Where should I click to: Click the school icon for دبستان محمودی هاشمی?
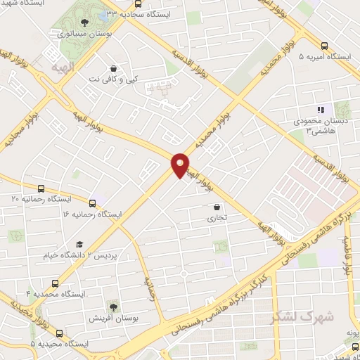coord(320,110)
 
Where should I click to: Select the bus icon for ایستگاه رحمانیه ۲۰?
coord(41,188)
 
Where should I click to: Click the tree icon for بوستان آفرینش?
coord(114,306)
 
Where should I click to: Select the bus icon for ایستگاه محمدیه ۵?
coord(58,333)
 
